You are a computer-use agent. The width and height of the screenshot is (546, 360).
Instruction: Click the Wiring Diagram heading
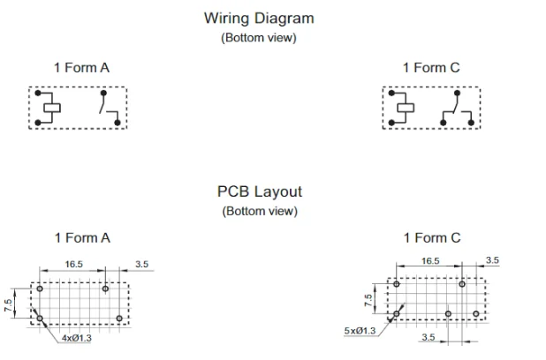pyautogui.click(x=259, y=19)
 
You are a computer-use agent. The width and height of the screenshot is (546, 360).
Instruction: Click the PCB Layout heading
pyautogui.click(x=260, y=191)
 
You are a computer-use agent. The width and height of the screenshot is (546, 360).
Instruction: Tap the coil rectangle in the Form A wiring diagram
pyautogui.click(x=52, y=108)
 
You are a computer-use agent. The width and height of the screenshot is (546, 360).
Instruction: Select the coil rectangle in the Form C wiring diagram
pyautogui.click(x=406, y=108)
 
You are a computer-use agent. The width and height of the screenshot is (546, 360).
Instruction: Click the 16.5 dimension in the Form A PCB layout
pyautogui.click(x=74, y=265)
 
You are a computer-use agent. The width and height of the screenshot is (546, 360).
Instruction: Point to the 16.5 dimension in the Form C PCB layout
pyautogui.click(x=430, y=261)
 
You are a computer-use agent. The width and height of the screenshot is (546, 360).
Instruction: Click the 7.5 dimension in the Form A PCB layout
pyautogui.click(x=8, y=305)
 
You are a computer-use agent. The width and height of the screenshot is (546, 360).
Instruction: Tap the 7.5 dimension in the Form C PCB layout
pyautogui.click(x=368, y=301)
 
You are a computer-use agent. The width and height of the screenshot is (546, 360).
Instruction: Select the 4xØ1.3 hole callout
pyautogui.click(x=77, y=338)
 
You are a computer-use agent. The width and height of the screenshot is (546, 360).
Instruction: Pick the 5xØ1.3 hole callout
pyautogui.click(x=360, y=330)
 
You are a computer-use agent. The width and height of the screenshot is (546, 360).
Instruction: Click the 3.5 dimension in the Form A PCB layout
pyautogui.click(x=142, y=265)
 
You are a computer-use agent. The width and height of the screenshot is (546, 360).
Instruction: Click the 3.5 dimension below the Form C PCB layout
pyautogui.click(x=428, y=337)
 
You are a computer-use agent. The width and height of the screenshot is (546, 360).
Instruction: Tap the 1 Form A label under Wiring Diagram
pyautogui.click(x=81, y=67)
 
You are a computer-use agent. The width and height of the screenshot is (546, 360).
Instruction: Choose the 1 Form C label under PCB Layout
pyautogui.click(x=432, y=238)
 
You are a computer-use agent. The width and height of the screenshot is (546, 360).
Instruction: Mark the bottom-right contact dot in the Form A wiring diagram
pyautogui.click(x=118, y=123)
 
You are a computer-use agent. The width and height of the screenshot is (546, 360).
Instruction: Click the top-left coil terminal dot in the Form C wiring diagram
pyautogui.click(x=391, y=94)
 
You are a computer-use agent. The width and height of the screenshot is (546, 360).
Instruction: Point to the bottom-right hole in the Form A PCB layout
pyautogui.click(x=119, y=319)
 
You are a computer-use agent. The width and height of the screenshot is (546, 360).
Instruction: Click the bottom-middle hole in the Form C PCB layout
pyautogui.click(x=448, y=314)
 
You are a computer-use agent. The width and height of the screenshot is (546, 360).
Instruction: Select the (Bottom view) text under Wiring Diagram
pyautogui.click(x=259, y=38)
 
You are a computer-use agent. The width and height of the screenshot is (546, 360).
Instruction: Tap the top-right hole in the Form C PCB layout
pyautogui.click(x=462, y=284)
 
